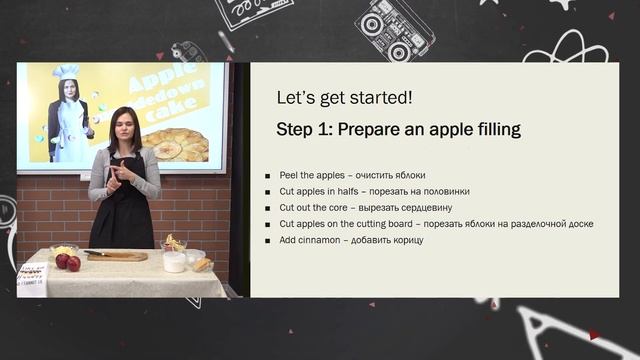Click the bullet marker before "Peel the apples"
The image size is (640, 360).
tap(268, 174)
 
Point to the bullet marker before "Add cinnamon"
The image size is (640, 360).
tap(268, 240)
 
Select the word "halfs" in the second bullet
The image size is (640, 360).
tap(349, 191)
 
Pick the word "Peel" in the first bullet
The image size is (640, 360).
tap(289, 174)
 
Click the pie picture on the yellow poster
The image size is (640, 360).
tap(180, 145)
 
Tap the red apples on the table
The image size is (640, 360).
tap(68, 262)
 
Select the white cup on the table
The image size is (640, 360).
tap(174, 262)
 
